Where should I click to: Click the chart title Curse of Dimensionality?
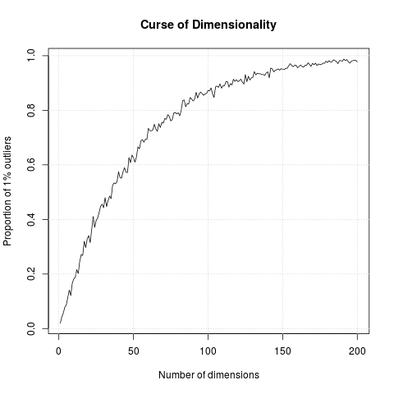point(208,25)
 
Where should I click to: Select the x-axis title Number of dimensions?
point(208,374)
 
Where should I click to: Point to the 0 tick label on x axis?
point(58,351)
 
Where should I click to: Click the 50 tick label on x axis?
point(133,351)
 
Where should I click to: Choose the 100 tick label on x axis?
point(208,351)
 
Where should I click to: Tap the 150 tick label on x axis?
point(283,351)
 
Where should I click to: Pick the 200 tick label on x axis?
point(358,351)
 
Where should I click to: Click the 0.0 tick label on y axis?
point(31,328)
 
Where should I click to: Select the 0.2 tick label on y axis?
point(31,274)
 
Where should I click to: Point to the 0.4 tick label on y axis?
point(31,219)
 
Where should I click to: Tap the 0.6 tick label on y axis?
point(31,165)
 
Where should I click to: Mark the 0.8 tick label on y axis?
point(31,110)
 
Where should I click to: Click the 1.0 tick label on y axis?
point(31,56)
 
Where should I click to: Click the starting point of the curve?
point(60,323)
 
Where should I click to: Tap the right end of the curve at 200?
point(358,62)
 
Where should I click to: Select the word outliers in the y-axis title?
point(8,155)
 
